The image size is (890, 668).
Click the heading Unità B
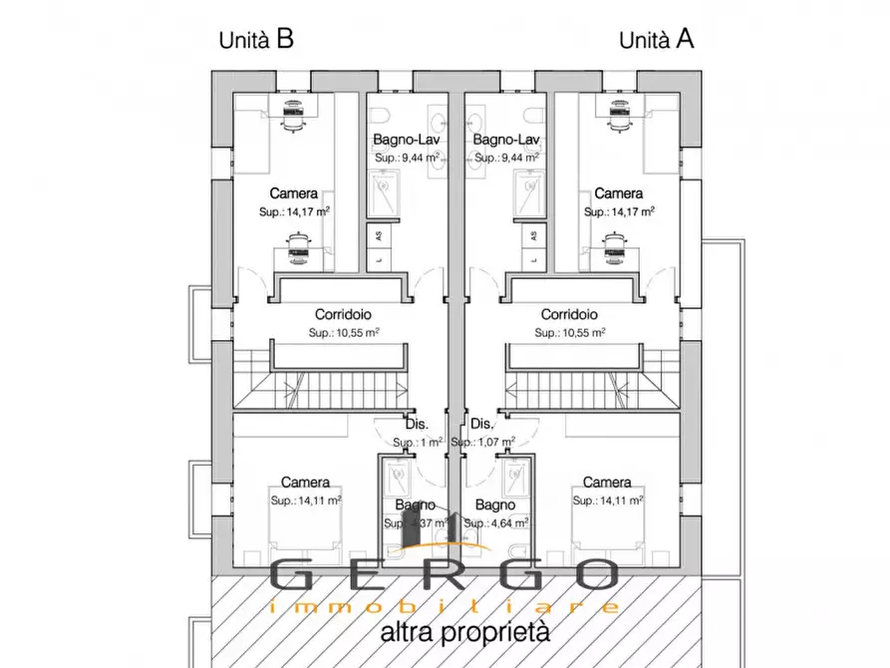click(x=256, y=40)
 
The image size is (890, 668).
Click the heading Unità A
click(x=657, y=40)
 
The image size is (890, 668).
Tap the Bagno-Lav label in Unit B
click(x=407, y=140)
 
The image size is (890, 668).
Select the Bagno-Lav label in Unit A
click(x=506, y=140)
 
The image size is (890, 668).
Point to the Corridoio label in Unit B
click(x=343, y=313)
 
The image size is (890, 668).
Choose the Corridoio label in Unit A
click(x=569, y=313)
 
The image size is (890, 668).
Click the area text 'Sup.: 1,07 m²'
click(x=483, y=442)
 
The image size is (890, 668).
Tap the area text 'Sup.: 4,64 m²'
click(x=495, y=522)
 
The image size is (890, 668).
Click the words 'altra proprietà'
click(x=464, y=631)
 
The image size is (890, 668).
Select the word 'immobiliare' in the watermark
click(x=445, y=606)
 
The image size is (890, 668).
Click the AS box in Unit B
click(x=378, y=235)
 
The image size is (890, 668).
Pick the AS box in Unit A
click(x=533, y=235)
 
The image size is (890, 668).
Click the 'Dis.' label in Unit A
click(x=481, y=423)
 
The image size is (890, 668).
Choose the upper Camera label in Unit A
click(x=618, y=193)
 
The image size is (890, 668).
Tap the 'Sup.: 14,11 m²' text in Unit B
click(x=306, y=501)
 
